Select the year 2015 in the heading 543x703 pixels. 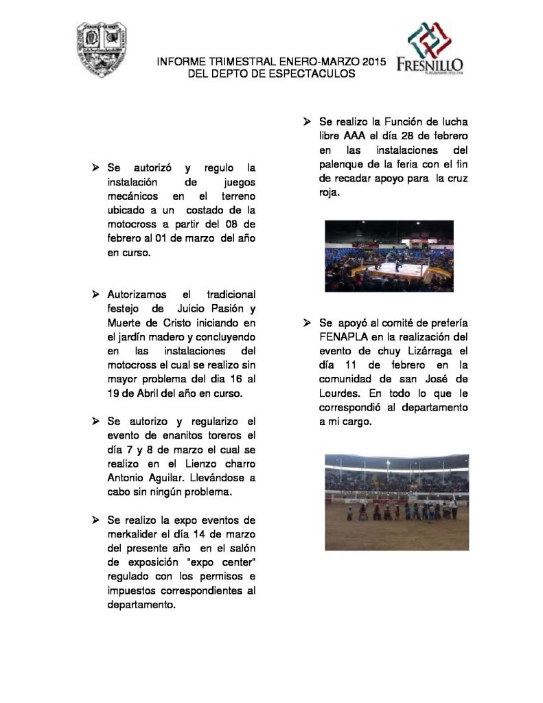373,62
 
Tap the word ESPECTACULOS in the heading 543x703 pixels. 313,73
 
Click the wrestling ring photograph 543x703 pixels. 389,255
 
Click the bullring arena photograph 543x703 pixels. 396,502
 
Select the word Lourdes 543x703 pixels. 343,393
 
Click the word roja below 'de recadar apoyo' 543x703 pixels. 330,192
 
